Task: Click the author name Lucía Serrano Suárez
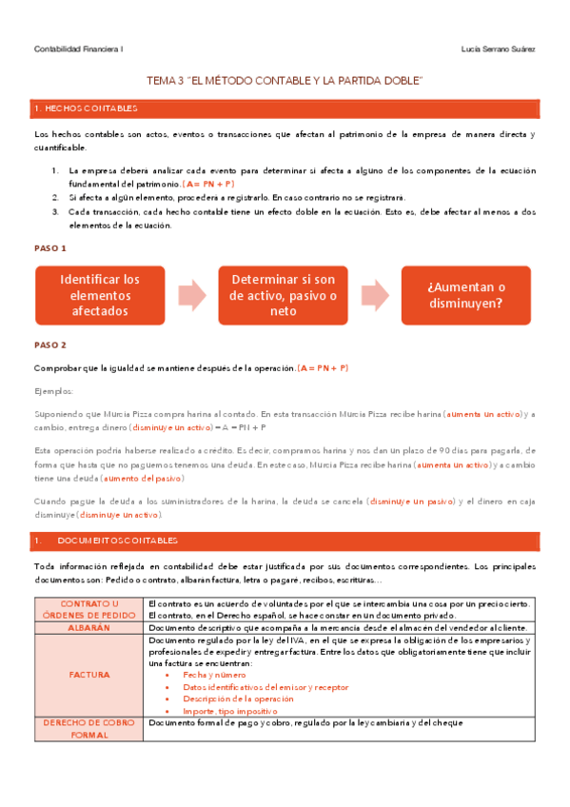[x=497, y=49]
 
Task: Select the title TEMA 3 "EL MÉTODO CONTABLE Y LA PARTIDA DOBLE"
[x=285, y=82]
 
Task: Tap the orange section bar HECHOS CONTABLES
[x=285, y=109]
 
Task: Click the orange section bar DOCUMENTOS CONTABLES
[x=285, y=541]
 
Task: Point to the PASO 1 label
[x=49, y=247]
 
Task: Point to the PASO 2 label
[x=49, y=344]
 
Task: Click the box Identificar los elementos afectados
[x=99, y=295]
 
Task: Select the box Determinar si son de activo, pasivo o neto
[x=283, y=295]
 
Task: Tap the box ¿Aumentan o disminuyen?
[x=465, y=295]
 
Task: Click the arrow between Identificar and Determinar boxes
[x=191, y=295]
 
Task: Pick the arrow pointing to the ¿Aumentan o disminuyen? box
[x=374, y=295]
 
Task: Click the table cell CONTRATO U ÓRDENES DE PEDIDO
[x=89, y=609]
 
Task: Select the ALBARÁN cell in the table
[x=89, y=628]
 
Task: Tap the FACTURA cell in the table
[x=89, y=675]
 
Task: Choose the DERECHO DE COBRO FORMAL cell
[x=89, y=729]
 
